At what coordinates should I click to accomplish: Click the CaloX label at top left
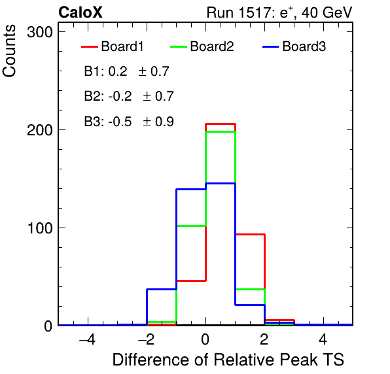pos(80,12)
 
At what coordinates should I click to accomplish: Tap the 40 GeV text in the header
pos(327,12)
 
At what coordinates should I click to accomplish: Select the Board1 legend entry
pos(113,46)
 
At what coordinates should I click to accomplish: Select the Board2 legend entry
pos(202,46)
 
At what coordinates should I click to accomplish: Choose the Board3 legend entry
pos(294,46)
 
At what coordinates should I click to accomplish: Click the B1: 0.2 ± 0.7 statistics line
pos(126,71)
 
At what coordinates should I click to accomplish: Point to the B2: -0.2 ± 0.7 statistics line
pos(129,96)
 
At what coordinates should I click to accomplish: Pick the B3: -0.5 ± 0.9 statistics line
pos(129,122)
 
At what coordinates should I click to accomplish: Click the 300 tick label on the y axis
pos(40,32)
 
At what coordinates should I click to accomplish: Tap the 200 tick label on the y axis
pos(40,130)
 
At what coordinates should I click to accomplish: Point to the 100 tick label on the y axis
pos(40,228)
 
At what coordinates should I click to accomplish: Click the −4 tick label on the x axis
pos(87,339)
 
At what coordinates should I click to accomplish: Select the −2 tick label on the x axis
pos(147,339)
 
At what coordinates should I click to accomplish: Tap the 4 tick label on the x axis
pos(323,339)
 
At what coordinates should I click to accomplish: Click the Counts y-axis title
pos(9,51)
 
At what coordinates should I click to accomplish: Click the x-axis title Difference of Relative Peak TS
pos(228,360)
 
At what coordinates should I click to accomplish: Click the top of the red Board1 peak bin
pos(221,124)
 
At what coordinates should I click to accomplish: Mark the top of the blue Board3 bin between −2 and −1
pos(162,289)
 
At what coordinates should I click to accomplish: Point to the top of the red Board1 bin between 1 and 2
pos(250,234)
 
